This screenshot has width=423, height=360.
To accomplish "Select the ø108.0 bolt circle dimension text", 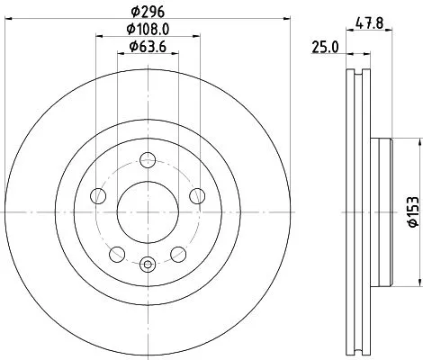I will point(148,30).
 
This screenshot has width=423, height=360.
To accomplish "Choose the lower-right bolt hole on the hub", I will point(175,251).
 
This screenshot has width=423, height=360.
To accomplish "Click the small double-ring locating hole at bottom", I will point(147,263).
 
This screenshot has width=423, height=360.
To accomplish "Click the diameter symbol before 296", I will point(134,13).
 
